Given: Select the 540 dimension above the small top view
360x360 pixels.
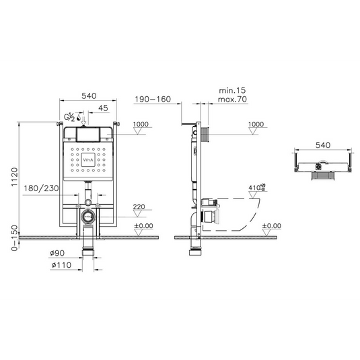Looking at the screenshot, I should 322,145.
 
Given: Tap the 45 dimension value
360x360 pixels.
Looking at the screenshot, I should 103,108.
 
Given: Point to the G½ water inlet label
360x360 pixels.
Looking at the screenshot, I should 69,117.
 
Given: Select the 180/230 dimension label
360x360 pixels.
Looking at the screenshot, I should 41,189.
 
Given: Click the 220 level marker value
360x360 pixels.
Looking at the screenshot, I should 140,207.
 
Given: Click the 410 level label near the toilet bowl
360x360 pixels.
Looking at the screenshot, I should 254,188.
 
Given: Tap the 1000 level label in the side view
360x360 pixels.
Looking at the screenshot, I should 256,124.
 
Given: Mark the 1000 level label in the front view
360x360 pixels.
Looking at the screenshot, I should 141,124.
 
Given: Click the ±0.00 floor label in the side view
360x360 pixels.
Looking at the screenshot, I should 271,226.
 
